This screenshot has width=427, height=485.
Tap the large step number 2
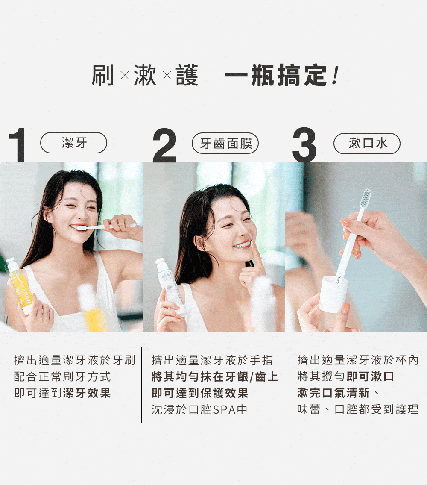[x=165, y=145]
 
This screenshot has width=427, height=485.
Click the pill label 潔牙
[x=73, y=143]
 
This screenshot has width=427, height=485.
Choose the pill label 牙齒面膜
[x=225, y=143]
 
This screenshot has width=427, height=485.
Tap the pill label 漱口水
[x=367, y=143]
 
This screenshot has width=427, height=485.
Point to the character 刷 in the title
[x=102, y=75]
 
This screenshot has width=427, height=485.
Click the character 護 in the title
[x=187, y=75]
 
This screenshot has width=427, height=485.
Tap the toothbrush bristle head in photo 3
[x=366, y=198]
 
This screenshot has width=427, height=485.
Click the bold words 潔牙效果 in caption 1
[x=87, y=393]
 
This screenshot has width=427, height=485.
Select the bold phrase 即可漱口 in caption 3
[x=370, y=376]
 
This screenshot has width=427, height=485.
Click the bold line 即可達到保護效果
[x=200, y=393]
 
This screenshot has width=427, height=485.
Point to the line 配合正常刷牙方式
[x=62, y=376]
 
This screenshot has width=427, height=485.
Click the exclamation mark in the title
[x=334, y=75]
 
